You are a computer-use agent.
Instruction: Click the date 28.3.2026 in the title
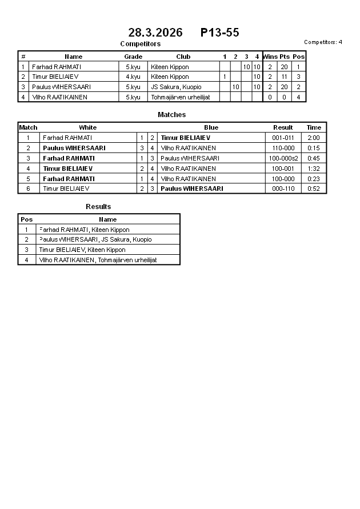coord(155,33)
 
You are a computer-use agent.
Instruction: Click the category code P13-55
coord(219,33)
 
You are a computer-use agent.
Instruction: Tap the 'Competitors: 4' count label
coord(323,42)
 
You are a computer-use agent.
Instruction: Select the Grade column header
coord(133,57)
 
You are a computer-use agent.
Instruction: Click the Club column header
coord(183,57)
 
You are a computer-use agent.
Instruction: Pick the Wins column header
coord(270,57)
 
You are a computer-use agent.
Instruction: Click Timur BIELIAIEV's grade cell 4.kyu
coord(133,77)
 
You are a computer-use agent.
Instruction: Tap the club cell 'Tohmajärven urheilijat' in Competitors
coord(180,97)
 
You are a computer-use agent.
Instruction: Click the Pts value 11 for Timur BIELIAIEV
coord(284,77)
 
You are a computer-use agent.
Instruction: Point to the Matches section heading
coord(171,115)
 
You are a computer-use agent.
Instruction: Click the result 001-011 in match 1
coord(283,138)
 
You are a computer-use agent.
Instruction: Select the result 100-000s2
coord(283,158)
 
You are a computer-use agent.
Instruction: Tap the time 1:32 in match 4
coord(314,169)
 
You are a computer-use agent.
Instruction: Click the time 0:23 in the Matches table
coord(314,179)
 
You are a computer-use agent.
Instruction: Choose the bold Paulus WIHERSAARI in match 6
coord(191,189)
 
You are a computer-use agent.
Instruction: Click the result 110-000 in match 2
coord(283,148)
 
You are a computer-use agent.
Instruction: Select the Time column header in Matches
coord(314,127)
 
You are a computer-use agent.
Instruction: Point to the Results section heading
coord(98,207)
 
